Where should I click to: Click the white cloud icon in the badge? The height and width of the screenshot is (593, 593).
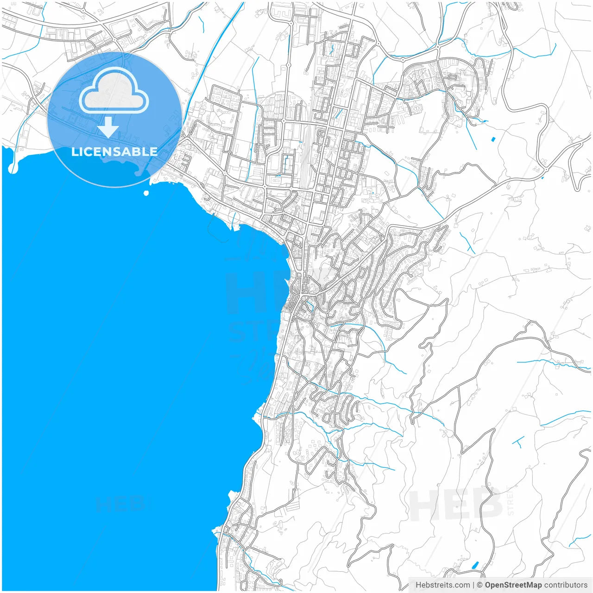point(114,91)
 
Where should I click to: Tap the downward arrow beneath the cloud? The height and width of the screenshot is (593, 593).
point(108,127)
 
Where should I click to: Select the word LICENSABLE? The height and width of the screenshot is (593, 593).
point(114,151)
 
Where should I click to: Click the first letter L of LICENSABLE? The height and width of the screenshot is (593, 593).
point(74,151)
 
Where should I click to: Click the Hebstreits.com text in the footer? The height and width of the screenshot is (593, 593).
point(442,585)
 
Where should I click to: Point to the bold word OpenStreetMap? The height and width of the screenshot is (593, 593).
point(513,585)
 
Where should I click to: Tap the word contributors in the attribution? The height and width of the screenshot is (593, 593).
point(566,585)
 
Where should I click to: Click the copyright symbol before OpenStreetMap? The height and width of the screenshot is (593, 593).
point(479,585)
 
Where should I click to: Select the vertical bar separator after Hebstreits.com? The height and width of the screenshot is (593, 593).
point(473,585)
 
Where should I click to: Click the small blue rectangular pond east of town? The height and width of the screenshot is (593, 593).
point(492,139)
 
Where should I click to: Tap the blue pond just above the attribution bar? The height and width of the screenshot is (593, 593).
point(475,565)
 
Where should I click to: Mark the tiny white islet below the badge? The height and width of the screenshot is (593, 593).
point(146,193)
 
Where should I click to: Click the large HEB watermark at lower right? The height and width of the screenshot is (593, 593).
point(456,505)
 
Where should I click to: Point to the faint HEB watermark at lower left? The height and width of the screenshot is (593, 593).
point(120,504)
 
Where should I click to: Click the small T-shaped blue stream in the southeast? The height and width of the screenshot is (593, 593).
point(517,440)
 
